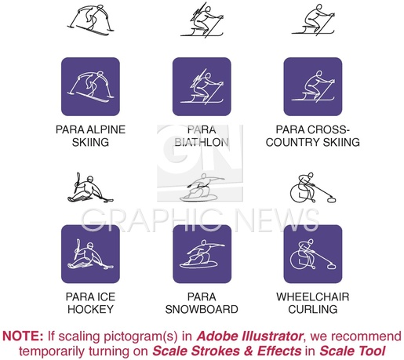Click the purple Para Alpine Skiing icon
pos(90,86)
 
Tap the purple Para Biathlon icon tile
pos(202,86)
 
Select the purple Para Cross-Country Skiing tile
pos(313,86)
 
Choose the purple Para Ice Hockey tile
pos(90,254)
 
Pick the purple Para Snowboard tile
pos(202,254)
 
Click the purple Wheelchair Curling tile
pos(313,254)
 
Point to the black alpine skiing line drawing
pos(90,21)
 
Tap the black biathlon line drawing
pos(202,20)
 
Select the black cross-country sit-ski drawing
pos(313,20)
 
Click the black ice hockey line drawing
pos(90,187)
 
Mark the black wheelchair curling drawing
pos(313,187)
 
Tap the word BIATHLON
pos(202,142)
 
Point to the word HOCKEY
pos(90,309)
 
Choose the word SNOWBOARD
pos(202,309)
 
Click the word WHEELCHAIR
pos(313,296)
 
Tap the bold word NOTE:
pos(23,336)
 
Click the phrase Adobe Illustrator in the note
pos(249,336)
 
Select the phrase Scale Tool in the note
pos(352,351)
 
